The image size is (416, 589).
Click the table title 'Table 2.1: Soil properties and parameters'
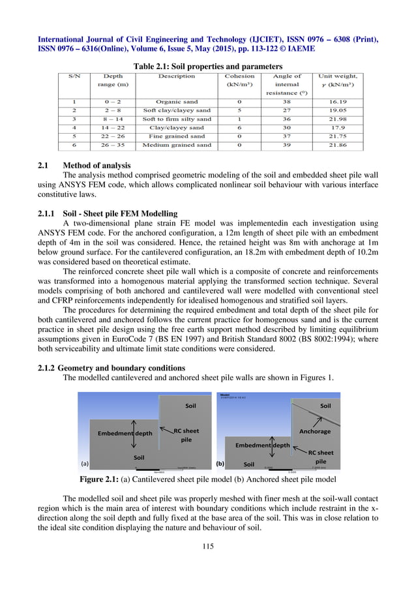pyautogui.click(x=207, y=67)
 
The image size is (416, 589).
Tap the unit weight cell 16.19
pyautogui.click(x=337, y=102)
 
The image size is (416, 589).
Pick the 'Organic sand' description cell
pyautogui.click(x=177, y=102)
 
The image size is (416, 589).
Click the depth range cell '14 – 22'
pyautogui.click(x=113, y=128)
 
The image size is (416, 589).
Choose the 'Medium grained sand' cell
pyautogui.click(x=177, y=145)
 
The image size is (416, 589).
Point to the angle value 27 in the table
pyautogui.click(x=287, y=110)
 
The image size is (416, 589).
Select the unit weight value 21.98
pyautogui.click(x=337, y=119)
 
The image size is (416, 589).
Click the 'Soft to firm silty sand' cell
pyautogui.click(x=177, y=119)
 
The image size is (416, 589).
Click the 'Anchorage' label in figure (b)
pyautogui.click(x=314, y=431)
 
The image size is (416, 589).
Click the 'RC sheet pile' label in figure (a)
pyautogui.click(x=186, y=435)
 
